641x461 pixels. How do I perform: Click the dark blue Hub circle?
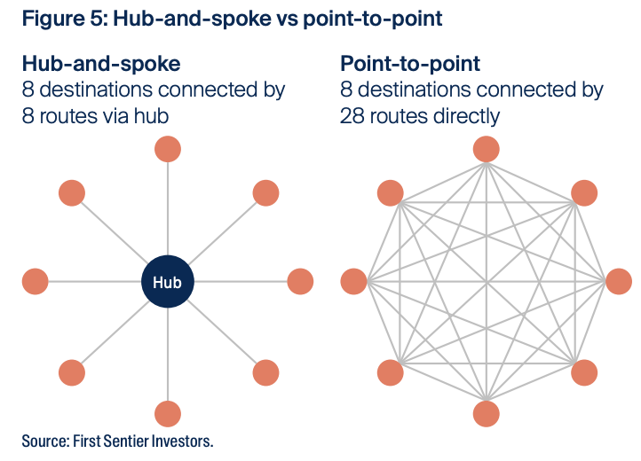point(167,283)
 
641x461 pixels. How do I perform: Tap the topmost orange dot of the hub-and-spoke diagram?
point(167,149)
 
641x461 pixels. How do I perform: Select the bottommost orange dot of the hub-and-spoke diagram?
point(167,414)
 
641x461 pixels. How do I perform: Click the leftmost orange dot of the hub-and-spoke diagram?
point(35,282)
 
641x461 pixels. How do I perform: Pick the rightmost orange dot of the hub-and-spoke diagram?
point(300,282)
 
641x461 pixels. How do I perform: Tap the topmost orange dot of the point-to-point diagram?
point(486,149)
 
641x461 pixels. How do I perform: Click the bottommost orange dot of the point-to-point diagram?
point(486,414)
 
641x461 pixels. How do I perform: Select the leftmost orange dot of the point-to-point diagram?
point(353,282)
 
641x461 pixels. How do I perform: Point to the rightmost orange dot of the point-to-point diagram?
point(619,282)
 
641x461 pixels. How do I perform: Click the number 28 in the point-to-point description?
point(352,116)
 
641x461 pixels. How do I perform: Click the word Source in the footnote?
point(46,441)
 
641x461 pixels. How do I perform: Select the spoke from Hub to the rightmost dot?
point(240,282)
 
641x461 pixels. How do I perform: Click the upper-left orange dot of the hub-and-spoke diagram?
point(71,192)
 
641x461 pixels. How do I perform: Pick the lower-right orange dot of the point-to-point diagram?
point(583,372)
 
